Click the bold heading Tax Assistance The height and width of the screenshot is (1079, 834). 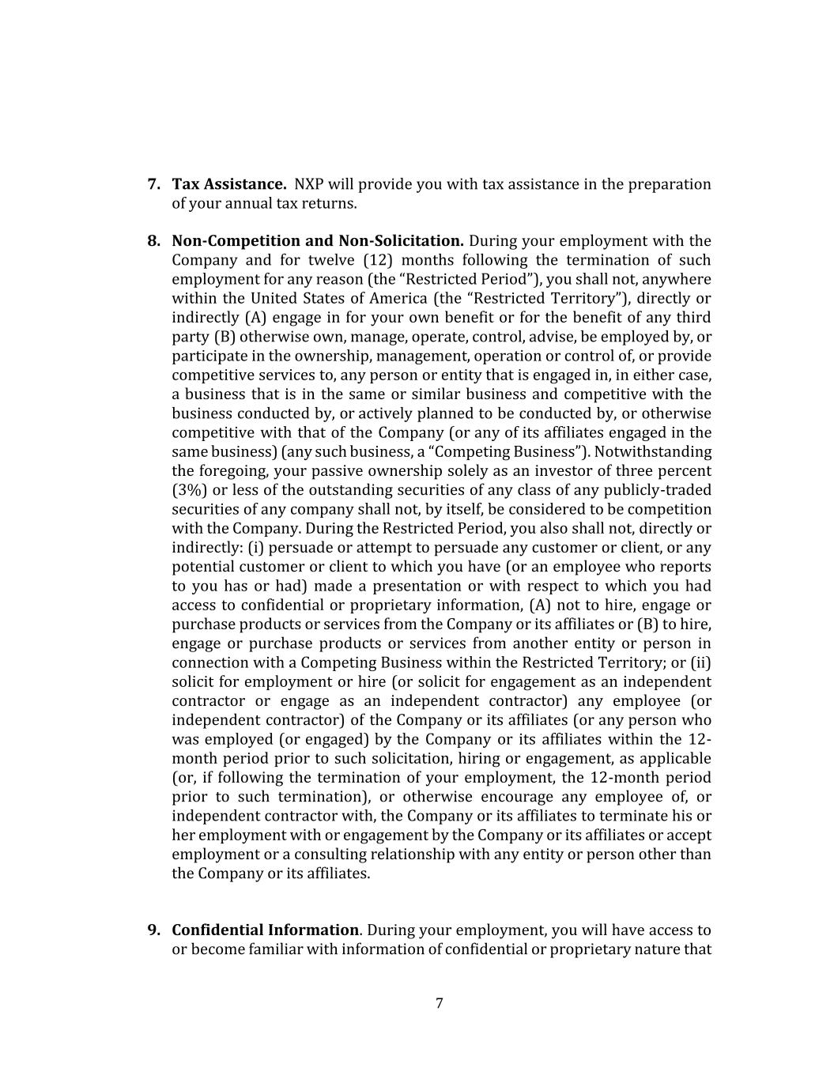(229, 184)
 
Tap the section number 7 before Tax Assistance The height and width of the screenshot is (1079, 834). (154, 184)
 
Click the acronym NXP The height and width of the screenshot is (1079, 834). (309, 184)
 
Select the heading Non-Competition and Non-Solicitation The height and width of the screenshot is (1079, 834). (317, 241)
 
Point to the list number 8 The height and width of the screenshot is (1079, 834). (154, 241)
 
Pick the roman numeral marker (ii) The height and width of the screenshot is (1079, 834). (700, 662)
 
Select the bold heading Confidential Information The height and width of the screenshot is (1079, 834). (265, 930)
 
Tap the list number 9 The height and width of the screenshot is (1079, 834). (154, 930)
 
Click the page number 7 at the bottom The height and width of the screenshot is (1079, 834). (440, 1003)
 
